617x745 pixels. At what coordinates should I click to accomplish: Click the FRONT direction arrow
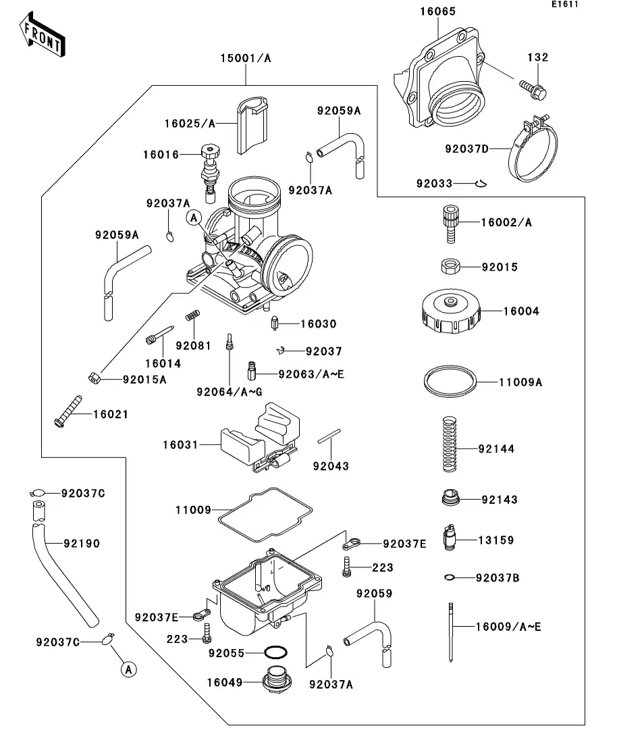coord(43,36)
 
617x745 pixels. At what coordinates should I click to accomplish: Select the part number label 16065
coord(437,11)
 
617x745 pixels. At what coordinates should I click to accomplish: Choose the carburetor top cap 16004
coord(450,313)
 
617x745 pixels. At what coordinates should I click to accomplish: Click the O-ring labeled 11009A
coord(450,382)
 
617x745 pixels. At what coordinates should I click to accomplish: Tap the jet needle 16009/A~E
coord(450,632)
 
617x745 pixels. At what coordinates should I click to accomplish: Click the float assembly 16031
coord(260,438)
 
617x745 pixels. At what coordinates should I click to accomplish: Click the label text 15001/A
coord(245,59)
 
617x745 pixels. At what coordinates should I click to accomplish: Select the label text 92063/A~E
coord(311,374)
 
